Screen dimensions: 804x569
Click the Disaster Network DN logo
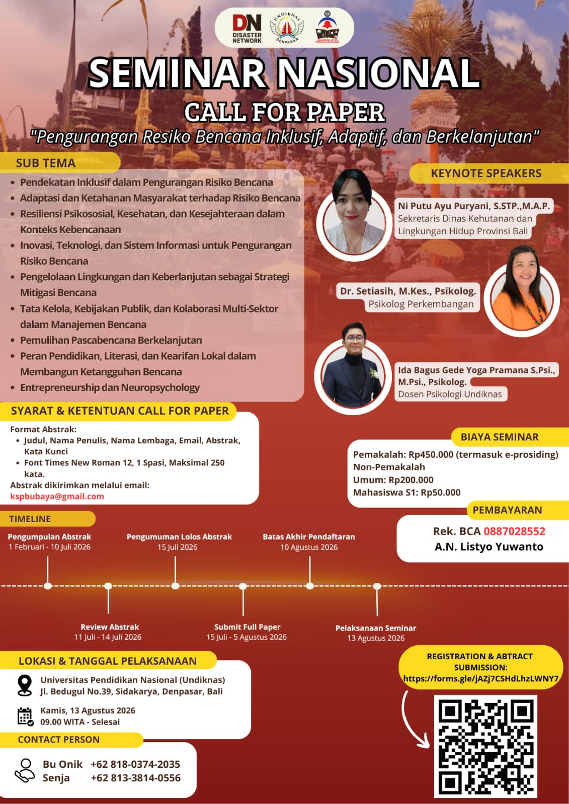tap(247, 28)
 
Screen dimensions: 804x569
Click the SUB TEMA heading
tap(45, 163)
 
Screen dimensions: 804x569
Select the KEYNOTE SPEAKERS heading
tap(486, 173)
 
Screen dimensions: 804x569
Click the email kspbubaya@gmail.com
tap(57, 496)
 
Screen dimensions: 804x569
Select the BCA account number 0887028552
tap(514, 531)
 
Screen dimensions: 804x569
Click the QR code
tap(485, 746)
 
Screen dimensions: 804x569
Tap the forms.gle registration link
tap(480, 678)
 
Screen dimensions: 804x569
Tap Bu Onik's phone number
tap(135, 764)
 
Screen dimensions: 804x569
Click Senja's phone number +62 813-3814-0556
tap(135, 778)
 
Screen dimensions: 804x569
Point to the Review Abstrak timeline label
tap(109, 627)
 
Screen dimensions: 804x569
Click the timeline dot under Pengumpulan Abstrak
tap(48, 586)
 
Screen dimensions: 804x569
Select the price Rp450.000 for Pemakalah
tap(431, 454)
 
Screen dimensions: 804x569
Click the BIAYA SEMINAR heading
tap(499, 437)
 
